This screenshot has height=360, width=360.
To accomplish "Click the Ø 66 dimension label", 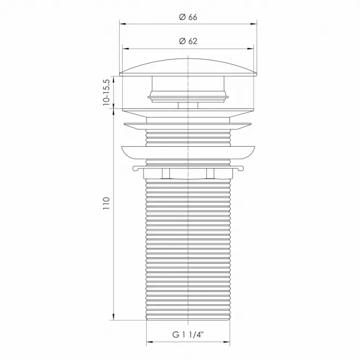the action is click(188, 17).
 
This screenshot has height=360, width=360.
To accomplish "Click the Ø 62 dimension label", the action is click(188, 41).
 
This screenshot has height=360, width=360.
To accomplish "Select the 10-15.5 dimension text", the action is click(106, 92).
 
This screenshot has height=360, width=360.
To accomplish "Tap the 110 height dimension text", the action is click(106, 203).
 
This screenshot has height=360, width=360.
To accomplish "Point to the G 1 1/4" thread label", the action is click(188, 335).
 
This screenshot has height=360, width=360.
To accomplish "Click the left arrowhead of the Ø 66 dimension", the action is click(122, 24).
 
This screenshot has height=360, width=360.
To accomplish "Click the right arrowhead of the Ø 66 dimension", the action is click(254, 24).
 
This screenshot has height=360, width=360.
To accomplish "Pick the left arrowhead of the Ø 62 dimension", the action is click(126, 49).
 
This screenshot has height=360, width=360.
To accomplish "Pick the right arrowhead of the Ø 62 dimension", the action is click(251, 49).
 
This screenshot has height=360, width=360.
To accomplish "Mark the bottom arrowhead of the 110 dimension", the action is click(114, 317).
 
